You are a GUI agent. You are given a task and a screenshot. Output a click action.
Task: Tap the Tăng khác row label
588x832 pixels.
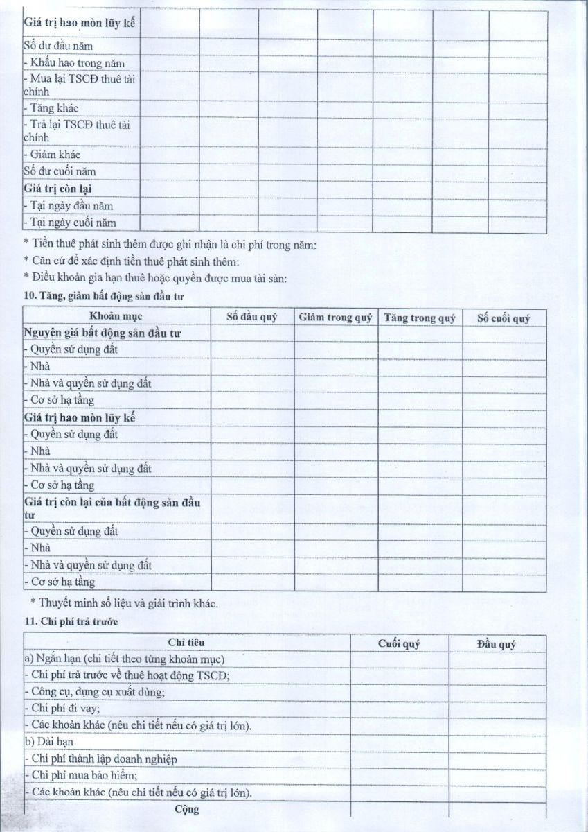coord(51,108)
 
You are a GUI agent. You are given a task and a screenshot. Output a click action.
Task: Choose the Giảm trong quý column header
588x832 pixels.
coord(336,318)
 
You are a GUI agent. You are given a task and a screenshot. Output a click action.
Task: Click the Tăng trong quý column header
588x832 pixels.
coord(420,318)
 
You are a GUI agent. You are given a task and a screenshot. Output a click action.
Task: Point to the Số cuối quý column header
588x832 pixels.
coord(504,318)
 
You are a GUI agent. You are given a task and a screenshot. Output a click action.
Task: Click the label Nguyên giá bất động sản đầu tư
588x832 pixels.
coord(103,333)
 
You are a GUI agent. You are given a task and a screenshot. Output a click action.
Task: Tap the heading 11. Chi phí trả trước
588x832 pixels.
coord(70,622)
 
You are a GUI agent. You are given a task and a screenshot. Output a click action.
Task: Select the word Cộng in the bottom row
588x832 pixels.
coord(187,809)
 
